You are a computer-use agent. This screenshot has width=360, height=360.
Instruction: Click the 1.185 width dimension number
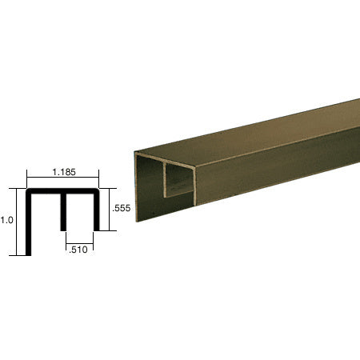coord(63,171)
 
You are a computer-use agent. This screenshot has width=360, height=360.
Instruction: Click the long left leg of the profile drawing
coord(29,228)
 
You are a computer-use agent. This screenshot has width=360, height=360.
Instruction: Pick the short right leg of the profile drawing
coord(97,212)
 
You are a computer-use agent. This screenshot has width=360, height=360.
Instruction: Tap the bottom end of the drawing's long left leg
coord(29,254)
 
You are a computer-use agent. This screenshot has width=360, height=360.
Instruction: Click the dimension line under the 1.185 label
coord(63,180)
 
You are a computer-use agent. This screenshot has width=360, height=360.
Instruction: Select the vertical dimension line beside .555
coord(107,210)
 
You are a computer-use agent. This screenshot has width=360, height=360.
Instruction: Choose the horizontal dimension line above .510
coord(80,240)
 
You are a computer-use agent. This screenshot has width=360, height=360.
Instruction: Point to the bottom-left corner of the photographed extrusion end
coord(137,221)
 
